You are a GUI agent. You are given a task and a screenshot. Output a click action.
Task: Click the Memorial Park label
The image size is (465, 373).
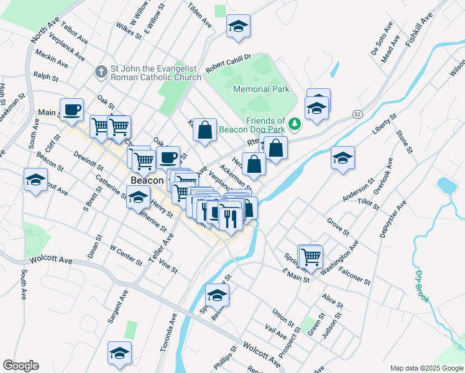(x=261, y=89)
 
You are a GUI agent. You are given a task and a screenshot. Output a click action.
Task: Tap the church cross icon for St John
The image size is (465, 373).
(x=100, y=72)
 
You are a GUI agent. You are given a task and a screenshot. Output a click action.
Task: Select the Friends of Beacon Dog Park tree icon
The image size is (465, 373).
(x=295, y=124)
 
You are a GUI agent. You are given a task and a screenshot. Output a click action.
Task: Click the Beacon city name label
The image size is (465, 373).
(x=147, y=180)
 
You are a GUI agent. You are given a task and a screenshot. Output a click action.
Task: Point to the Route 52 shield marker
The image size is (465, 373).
(x=357, y=114)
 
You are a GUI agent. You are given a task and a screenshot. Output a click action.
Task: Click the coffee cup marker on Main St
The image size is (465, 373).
(x=71, y=110)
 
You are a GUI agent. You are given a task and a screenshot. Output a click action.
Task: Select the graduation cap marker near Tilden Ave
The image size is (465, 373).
(x=238, y=26)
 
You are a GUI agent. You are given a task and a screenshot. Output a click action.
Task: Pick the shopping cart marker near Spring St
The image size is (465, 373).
(x=310, y=256)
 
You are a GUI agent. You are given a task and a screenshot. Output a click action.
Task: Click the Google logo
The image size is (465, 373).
(x=21, y=366)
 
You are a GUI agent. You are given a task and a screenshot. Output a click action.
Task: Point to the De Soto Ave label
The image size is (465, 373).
(x=382, y=39)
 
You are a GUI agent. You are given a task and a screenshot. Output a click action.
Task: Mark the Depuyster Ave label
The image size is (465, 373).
(x=393, y=219)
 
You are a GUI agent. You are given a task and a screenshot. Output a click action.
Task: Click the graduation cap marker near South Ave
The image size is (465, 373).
(x=35, y=180)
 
